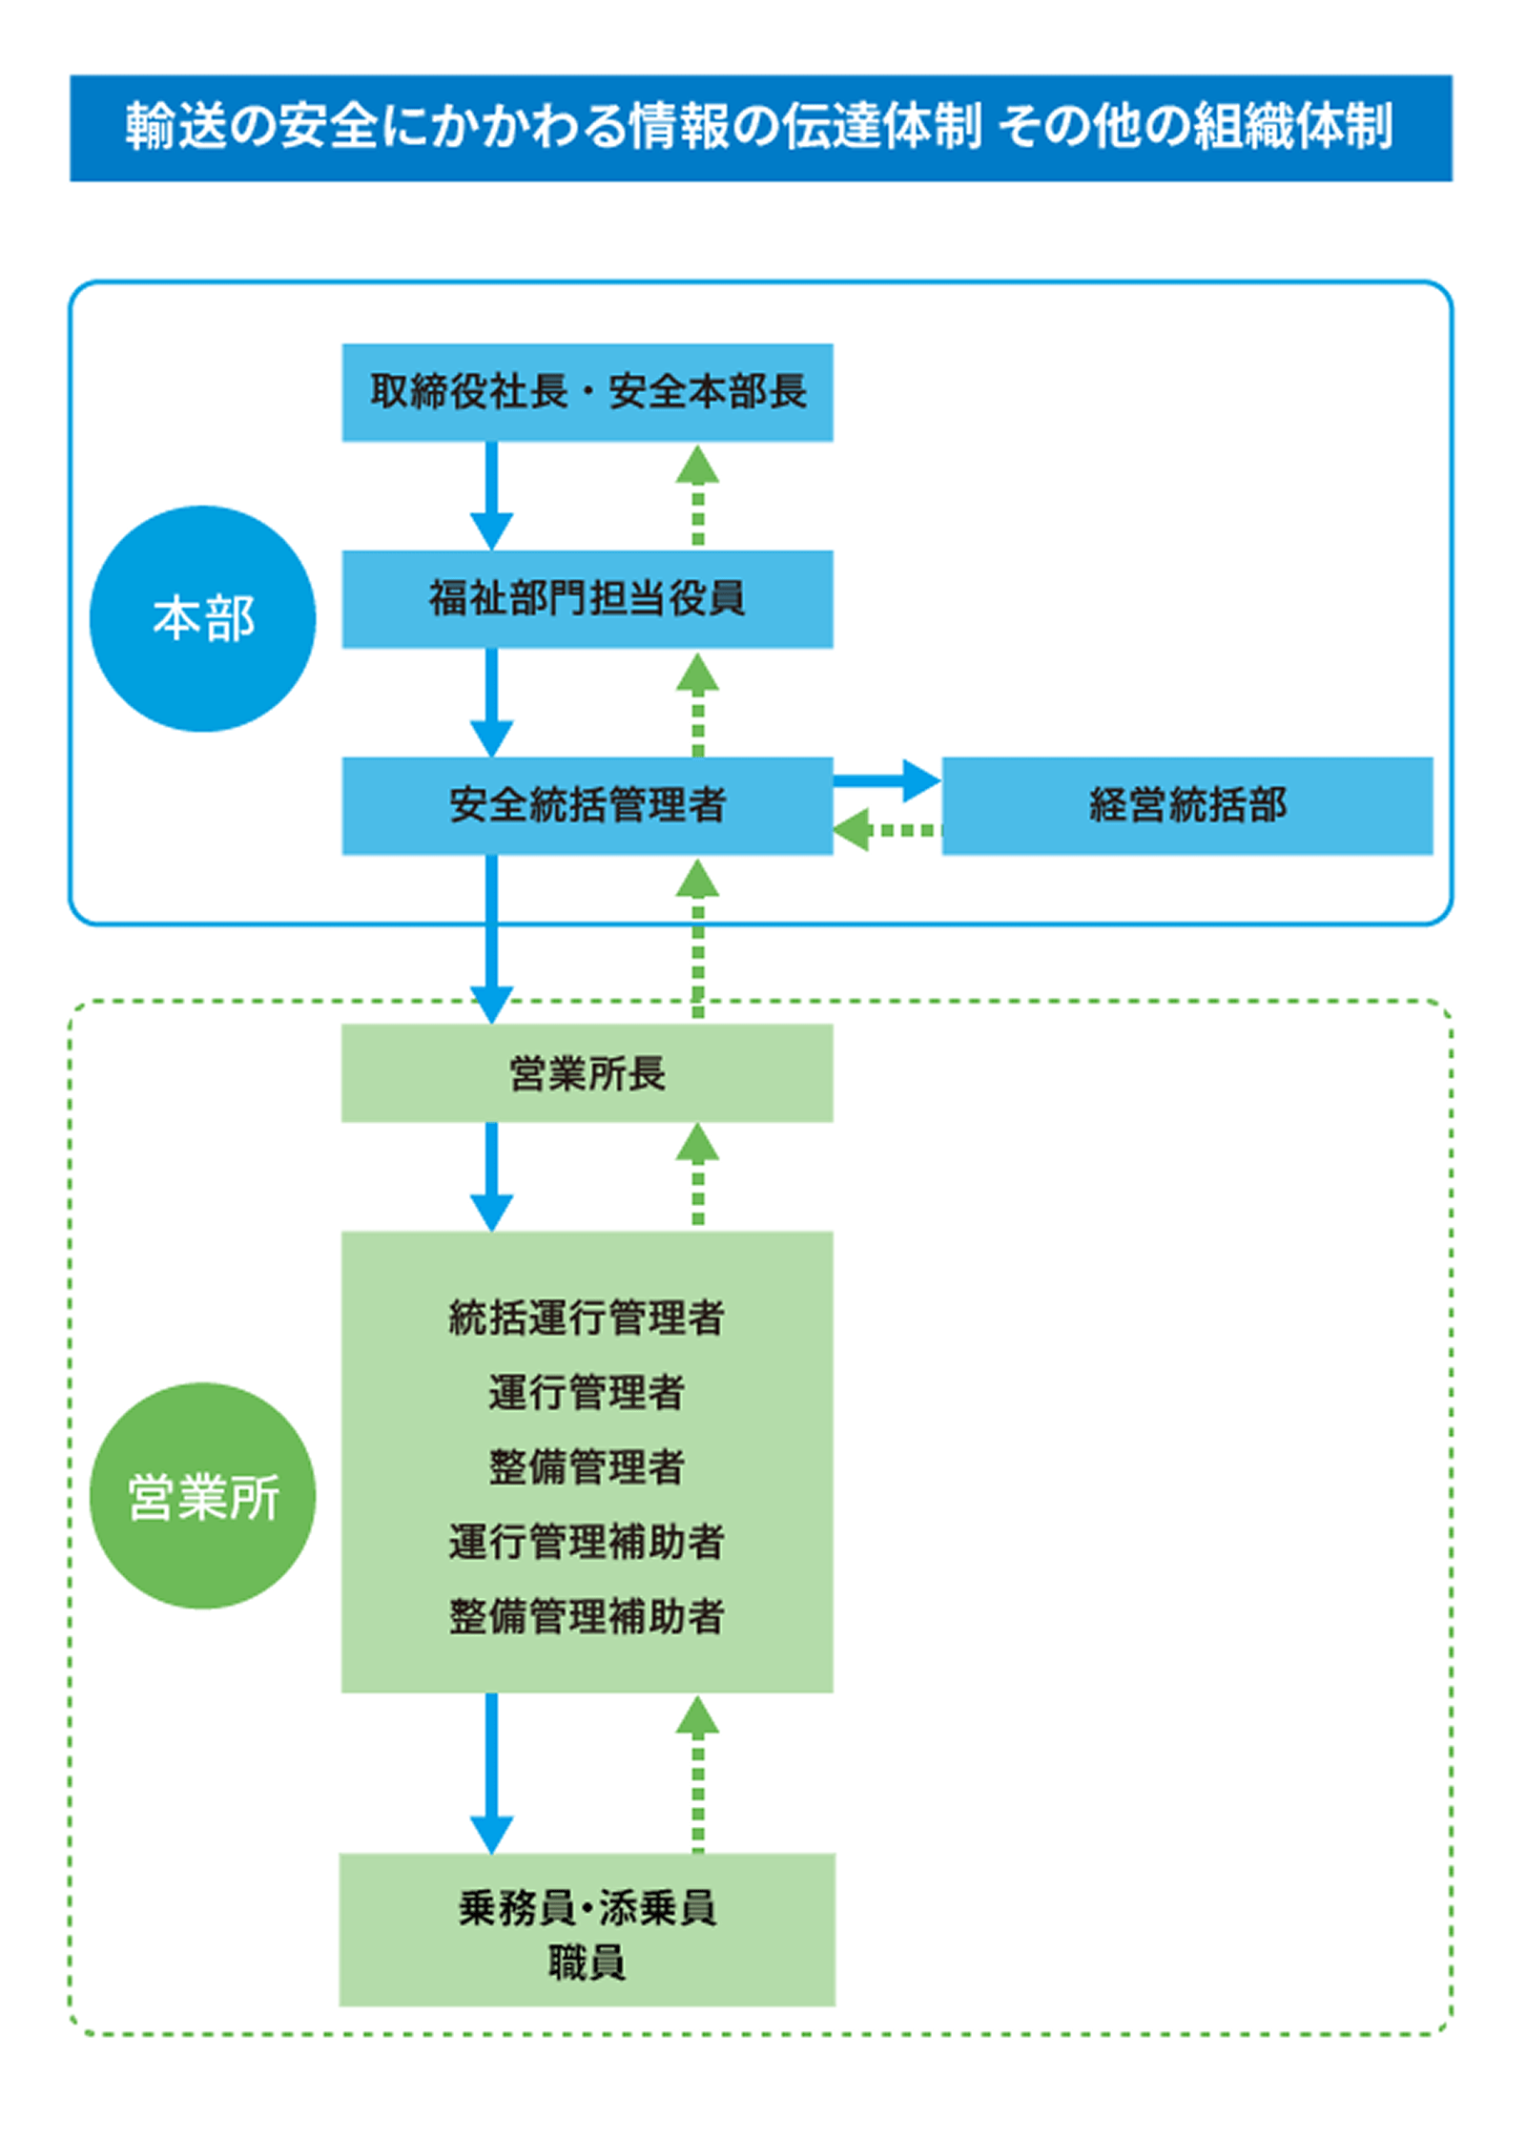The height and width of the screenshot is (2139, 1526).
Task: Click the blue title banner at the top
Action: (760, 128)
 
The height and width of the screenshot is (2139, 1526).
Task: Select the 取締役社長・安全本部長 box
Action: (588, 392)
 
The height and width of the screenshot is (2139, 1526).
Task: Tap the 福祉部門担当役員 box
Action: (588, 599)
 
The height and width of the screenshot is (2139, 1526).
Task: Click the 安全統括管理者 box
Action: (588, 806)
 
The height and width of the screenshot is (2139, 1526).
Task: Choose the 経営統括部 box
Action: (1187, 806)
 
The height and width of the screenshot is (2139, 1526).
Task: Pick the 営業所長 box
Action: (588, 1073)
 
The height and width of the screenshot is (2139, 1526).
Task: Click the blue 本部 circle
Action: (202, 619)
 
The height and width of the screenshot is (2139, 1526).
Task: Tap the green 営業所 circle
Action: (202, 1496)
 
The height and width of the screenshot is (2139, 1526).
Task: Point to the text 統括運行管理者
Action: (587, 1319)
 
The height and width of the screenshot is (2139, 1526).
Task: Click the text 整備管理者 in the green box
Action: (587, 1467)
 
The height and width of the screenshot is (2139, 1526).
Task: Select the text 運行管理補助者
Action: (587, 1542)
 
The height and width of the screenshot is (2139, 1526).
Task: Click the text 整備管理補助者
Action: (587, 1616)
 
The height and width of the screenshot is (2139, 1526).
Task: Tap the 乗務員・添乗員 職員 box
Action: (588, 1930)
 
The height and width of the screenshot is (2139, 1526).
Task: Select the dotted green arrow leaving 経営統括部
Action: (887, 830)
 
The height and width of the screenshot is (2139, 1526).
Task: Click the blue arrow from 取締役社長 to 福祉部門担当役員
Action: (491, 496)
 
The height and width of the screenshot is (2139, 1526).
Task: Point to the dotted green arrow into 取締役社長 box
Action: (697, 496)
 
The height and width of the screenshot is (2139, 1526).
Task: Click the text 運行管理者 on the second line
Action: (587, 1393)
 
